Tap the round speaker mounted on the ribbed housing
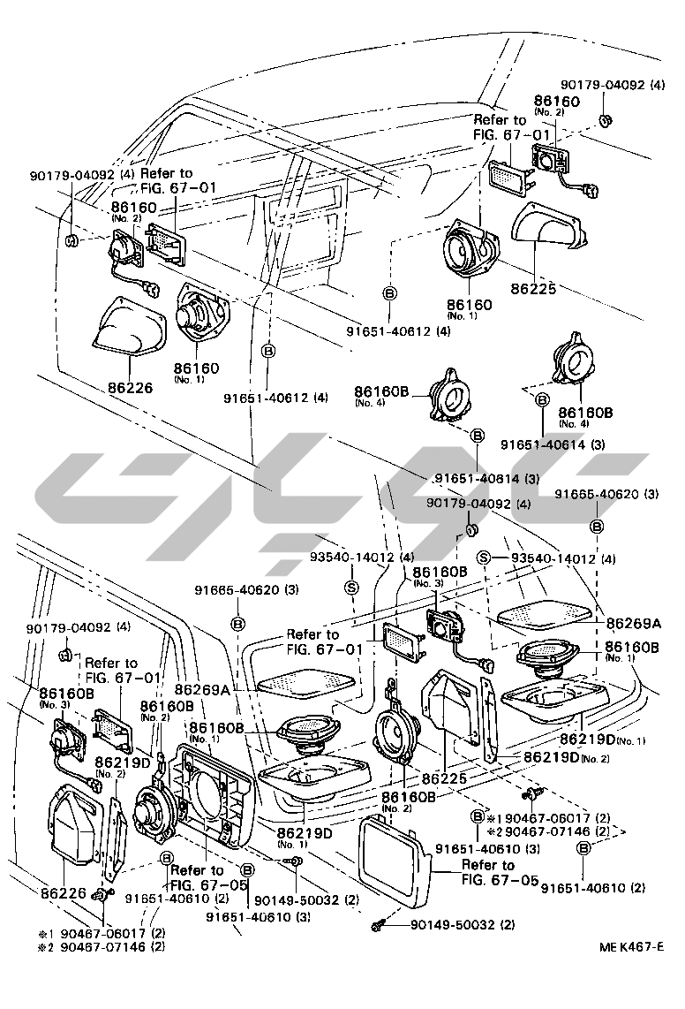coord(154,808)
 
